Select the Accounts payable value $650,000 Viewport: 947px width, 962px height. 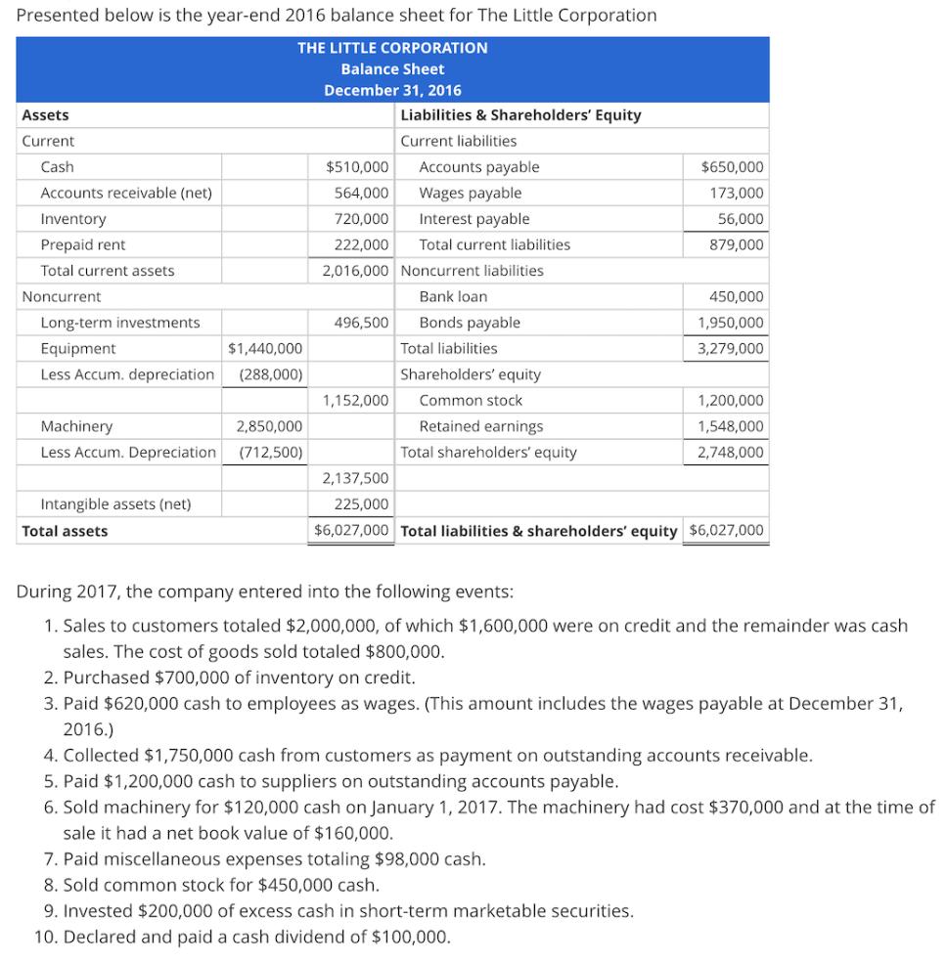pos(733,167)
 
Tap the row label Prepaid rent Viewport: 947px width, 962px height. pos(82,244)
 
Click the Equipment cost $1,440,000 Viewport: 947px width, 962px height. pos(264,348)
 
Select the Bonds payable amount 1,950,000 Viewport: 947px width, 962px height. pos(730,323)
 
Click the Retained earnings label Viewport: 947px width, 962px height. pos(480,426)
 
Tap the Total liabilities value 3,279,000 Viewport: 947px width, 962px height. pos(730,348)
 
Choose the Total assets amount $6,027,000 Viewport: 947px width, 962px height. pos(352,531)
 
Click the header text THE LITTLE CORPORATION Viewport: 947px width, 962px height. pos(392,48)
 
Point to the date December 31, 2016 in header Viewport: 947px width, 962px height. pos(392,90)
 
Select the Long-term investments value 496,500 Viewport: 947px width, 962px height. pos(361,323)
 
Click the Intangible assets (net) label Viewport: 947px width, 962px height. pos(115,504)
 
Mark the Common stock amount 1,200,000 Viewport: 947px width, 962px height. pos(730,400)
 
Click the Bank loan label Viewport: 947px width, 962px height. pos(453,296)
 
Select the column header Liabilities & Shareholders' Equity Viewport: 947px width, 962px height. pos(520,115)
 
